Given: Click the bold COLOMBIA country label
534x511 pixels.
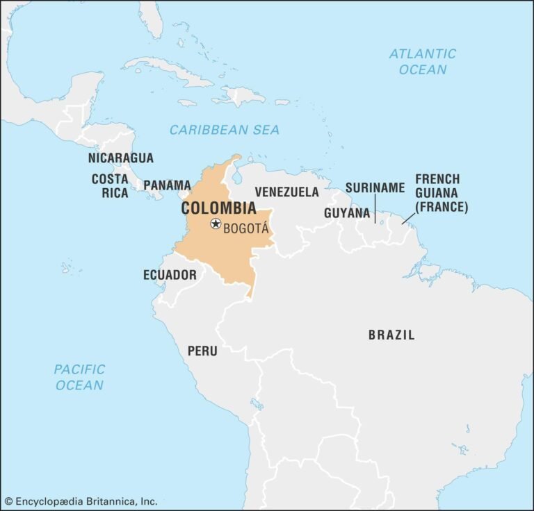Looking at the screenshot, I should click(x=218, y=208).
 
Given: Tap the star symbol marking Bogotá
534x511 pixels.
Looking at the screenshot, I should click(x=216, y=224).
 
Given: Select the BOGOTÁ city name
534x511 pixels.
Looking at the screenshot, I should click(x=245, y=226).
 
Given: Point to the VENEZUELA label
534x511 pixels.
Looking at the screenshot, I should click(x=286, y=192).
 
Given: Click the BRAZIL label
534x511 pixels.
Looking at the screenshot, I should click(x=391, y=335).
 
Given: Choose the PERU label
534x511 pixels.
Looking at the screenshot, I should click(x=202, y=351).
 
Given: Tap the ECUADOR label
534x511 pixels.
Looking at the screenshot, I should click(x=170, y=275).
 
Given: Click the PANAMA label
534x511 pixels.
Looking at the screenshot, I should click(x=167, y=185).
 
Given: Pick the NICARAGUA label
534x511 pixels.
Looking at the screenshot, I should click(x=121, y=158).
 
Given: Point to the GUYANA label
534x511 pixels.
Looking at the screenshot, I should click(x=346, y=213).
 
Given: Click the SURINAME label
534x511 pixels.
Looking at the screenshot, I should click(x=375, y=187).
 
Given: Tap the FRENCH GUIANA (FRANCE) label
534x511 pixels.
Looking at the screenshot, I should click(x=442, y=193).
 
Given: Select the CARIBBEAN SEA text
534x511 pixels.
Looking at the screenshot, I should click(x=225, y=130).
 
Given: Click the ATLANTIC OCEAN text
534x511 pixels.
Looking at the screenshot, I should click(x=423, y=61).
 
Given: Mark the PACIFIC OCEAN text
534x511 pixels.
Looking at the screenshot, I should click(x=79, y=377).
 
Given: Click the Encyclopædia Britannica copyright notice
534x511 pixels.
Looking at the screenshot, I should click(x=81, y=501).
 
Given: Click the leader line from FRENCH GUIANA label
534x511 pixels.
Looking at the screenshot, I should click(x=409, y=218).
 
